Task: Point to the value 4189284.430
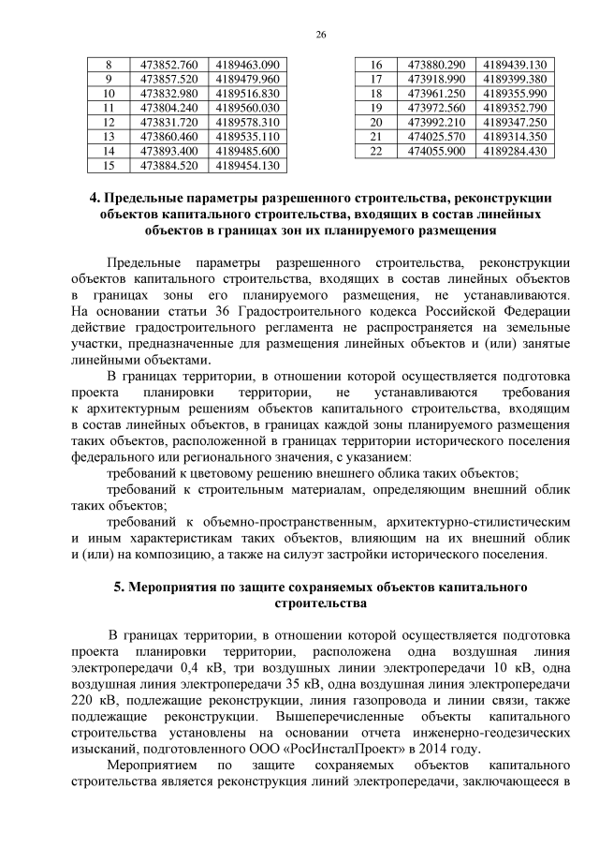[x=514, y=151]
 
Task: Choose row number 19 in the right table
[x=377, y=108]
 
